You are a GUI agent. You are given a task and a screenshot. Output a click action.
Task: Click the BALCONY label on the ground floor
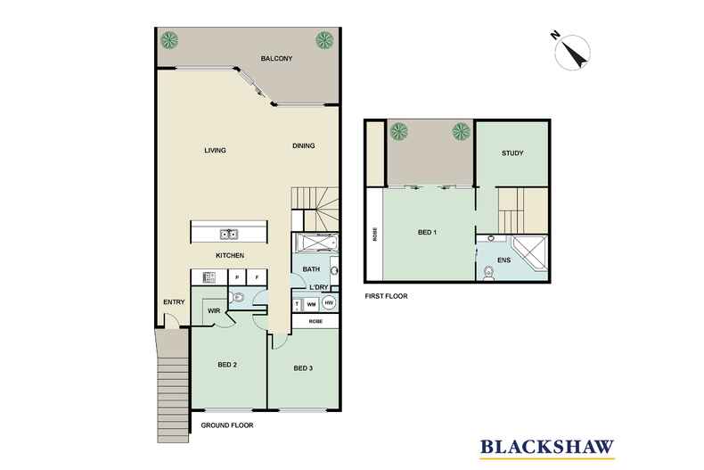[x=276, y=59]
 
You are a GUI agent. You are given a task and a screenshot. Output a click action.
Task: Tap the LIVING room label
[x=215, y=150]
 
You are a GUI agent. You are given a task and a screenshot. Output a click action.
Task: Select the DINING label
[x=304, y=146]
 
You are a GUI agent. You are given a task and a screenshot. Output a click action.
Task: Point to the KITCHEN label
[x=230, y=257]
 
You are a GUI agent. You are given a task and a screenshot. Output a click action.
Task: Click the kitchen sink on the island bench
[x=228, y=235]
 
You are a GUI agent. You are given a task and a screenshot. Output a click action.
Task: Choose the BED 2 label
[x=227, y=365]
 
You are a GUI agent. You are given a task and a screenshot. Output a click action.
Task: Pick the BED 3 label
[x=303, y=368]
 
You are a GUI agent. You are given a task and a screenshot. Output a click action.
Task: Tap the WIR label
[x=215, y=310]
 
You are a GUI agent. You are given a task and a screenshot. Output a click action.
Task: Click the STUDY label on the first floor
[x=512, y=153]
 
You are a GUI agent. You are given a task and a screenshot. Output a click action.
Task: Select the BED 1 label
[x=427, y=233]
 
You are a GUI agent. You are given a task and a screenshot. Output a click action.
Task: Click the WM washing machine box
[x=312, y=304]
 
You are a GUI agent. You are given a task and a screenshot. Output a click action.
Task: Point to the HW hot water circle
[x=329, y=304]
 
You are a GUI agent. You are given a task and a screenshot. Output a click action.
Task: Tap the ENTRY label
[x=174, y=301]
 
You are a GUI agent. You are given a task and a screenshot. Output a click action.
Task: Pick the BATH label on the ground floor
[x=310, y=268]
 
